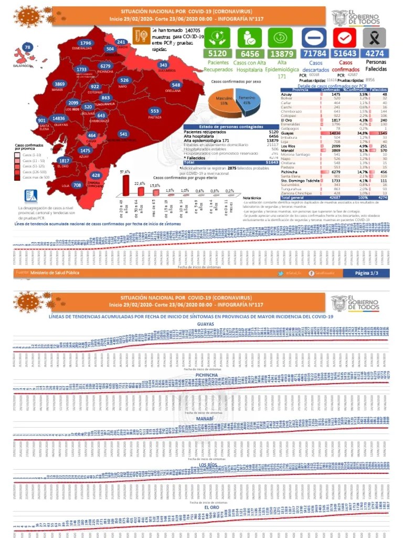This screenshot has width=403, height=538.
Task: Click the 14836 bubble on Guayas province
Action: tap(59, 119)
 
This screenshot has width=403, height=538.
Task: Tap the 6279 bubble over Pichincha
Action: tap(105, 66)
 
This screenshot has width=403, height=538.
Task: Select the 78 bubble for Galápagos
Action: tap(27, 48)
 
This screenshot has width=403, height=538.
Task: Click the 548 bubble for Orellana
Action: tap(176, 85)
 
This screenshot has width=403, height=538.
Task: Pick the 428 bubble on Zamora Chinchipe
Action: tap(96, 175)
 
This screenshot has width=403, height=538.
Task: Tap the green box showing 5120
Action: tap(217, 53)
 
